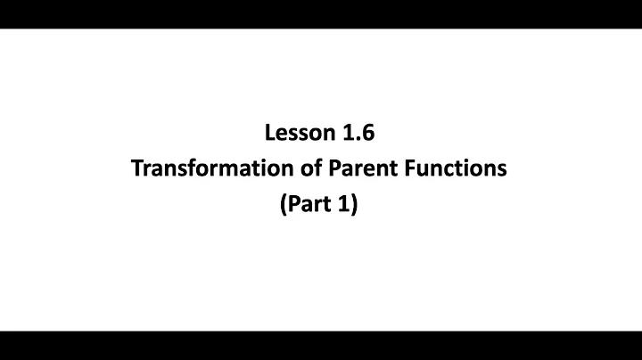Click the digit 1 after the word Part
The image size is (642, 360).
[x=345, y=204]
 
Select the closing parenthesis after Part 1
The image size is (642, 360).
[x=355, y=205]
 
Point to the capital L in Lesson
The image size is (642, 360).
[x=269, y=134]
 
